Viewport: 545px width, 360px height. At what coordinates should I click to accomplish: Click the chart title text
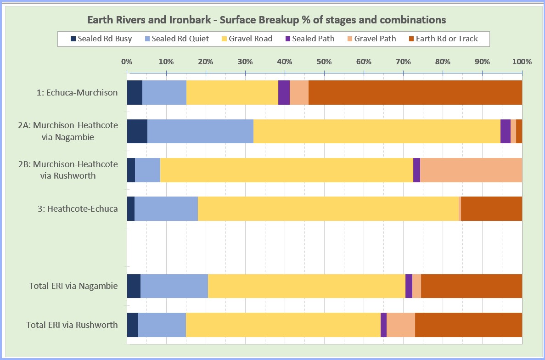pos(266,20)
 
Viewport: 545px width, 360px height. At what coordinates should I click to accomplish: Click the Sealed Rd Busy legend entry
pos(101,39)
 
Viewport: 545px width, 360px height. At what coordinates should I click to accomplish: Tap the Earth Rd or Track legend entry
pos(443,39)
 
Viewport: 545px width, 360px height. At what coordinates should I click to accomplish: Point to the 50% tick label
pos(324,62)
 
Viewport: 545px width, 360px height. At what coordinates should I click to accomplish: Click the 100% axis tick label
pos(522,62)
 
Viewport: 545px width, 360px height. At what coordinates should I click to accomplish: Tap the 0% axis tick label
pos(127,62)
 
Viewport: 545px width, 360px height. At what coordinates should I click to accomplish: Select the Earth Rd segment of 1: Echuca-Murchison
pos(415,92)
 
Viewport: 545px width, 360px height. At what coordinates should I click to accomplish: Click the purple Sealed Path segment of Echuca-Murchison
pos(284,92)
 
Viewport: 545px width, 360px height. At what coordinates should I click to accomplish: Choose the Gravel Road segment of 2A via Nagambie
pos(376,131)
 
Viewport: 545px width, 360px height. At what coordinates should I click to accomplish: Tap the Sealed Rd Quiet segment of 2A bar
pos(200,131)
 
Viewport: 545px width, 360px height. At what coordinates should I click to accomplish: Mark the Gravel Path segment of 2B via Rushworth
pos(471,170)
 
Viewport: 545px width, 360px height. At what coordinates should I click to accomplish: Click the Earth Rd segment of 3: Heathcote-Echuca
pos(491,208)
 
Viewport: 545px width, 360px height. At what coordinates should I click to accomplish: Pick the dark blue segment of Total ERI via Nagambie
pos(134,286)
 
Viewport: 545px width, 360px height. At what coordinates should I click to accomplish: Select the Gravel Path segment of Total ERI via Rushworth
pos(401,325)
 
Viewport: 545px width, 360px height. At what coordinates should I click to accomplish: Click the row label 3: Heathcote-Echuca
pos(82,208)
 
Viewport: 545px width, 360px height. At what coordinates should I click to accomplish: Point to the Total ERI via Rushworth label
pos(72,325)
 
